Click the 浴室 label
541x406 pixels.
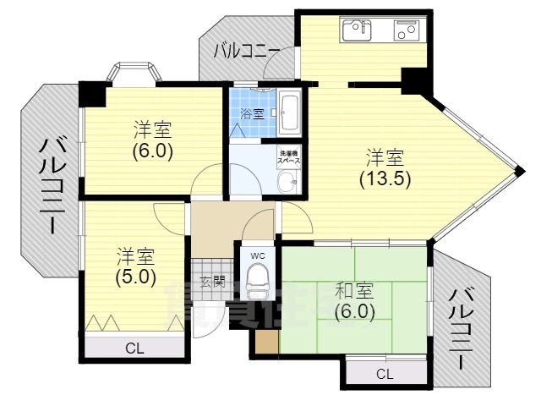[x=251, y=113]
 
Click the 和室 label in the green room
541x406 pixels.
[x=354, y=291]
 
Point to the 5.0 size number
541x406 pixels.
[x=134, y=276]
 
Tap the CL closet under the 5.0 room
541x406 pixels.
[x=134, y=348]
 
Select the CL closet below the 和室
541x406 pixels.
[x=385, y=373]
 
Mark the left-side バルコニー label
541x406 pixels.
[x=48, y=185]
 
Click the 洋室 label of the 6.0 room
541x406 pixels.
[x=153, y=130]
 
